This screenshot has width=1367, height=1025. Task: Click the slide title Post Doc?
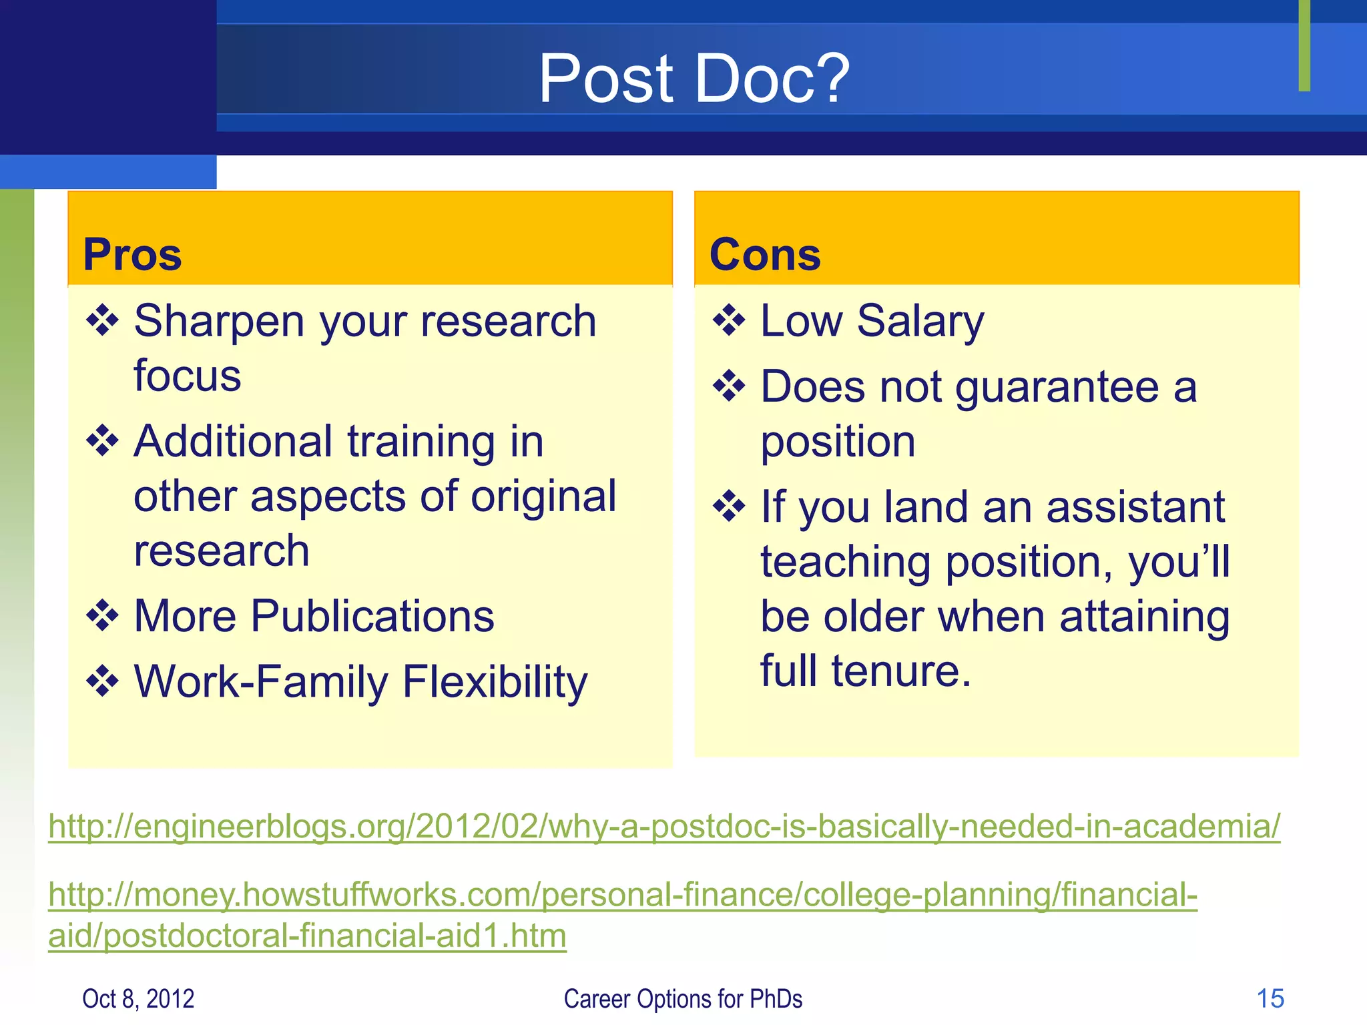click(694, 79)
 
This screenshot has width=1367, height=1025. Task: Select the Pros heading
click(132, 255)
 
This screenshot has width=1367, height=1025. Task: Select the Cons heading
click(765, 255)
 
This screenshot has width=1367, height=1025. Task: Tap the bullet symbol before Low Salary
click(729, 321)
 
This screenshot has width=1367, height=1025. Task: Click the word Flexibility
click(495, 683)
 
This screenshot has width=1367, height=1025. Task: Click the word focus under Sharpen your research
click(188, 376)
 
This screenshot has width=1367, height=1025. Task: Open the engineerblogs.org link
click(664, 827)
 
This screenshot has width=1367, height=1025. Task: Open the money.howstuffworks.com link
click(622, 896)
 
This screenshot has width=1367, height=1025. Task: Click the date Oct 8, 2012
click(138, 999)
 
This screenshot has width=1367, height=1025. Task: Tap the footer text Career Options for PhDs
click(683, 999)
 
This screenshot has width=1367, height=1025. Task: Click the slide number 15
click(1270, 999)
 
